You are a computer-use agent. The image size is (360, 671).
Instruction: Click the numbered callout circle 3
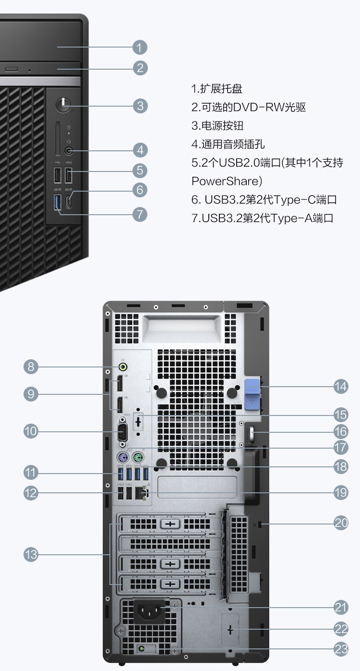pos(140,106)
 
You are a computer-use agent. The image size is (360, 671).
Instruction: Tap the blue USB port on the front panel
pos(58,202)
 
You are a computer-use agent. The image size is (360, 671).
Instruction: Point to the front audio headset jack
pos(69,150)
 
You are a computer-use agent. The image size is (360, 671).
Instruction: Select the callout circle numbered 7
pos(140,215)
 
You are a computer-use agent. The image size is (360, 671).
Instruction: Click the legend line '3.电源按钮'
pos(217,126)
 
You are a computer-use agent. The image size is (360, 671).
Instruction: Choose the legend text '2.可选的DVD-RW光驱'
pos(248,107)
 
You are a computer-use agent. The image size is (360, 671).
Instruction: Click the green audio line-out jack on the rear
pos(123,366)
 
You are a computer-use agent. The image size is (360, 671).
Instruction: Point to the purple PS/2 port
pos(122,458)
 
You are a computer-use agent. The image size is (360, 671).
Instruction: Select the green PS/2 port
pos(138,458)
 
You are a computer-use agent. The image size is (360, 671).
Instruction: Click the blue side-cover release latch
pos(252,394)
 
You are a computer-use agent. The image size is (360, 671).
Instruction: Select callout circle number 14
pos(341,387)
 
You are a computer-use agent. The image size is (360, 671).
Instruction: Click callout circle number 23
pos(341,649)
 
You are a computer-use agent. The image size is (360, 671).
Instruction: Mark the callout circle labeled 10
pos(31,431)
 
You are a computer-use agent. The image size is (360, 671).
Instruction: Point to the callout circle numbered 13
pos(31,554)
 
